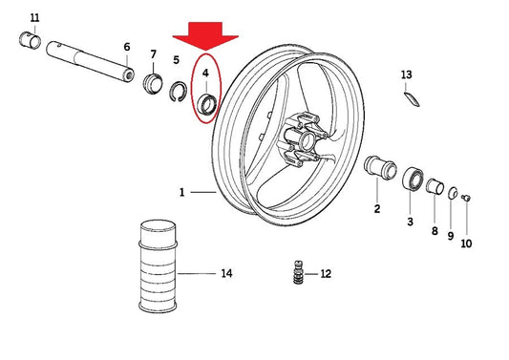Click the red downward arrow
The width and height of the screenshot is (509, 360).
[205, 35]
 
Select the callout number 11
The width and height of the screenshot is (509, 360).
[34, 17]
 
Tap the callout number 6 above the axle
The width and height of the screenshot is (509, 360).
[127, 47]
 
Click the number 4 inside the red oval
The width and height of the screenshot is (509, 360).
[205, 73]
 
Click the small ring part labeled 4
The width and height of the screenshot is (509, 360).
[207, 104]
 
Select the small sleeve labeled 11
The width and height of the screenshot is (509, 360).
[31, 40]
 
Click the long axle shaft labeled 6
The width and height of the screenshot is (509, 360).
[90, 61]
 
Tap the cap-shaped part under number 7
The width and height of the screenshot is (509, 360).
[153, 83]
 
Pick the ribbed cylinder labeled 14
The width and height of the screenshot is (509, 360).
[158, 266]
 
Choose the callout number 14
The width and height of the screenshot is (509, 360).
[226, 273]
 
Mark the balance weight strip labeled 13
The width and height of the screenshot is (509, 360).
[412, 99]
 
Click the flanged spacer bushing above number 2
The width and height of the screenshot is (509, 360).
[380, 167]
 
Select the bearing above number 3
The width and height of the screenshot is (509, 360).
[413, 180]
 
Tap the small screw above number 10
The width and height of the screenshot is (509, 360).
[466, 197]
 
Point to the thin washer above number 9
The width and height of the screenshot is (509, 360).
[453, 193]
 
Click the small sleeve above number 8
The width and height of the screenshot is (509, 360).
[435, 186]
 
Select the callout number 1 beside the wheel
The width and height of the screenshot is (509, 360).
[182, 193]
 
